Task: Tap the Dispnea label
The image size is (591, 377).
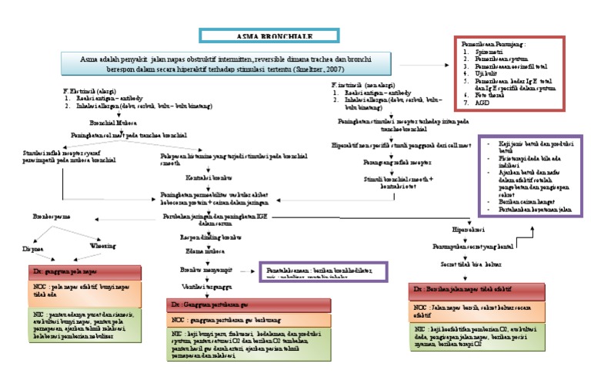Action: tap(32, 248)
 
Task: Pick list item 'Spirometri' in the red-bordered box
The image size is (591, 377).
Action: tap(492, 51)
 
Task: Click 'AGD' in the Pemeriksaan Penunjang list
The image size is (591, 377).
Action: tap(482, 102)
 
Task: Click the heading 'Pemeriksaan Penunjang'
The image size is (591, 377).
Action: tap(493, 44)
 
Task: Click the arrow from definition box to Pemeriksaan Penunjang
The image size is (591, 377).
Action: tap(436, 65)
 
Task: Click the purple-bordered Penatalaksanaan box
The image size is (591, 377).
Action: tap(322, 272)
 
